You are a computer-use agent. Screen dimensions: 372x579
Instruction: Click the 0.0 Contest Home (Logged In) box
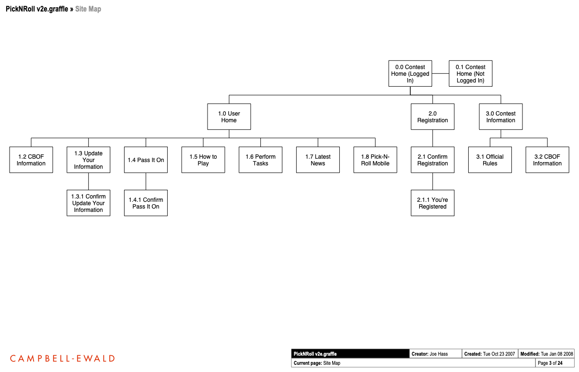click(410, 74)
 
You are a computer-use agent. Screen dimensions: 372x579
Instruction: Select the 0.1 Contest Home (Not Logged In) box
click(470, 74)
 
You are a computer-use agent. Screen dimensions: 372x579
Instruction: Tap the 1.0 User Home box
click(229, 117)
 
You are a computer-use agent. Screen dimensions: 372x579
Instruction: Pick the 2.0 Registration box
click(432, 117)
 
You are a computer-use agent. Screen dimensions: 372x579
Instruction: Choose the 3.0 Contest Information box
click(500, 117)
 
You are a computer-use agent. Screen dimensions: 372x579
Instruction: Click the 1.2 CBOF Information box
click(31, 160)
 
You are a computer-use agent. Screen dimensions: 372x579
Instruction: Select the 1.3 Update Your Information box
click(88, 160)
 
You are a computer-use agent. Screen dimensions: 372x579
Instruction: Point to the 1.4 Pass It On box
click(146, 160)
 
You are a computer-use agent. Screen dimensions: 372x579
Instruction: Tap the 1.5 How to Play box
click(203, 160)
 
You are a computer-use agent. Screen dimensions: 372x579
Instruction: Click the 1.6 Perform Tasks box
click(260, 160)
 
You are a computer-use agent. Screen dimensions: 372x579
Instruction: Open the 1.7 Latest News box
click(318, 160)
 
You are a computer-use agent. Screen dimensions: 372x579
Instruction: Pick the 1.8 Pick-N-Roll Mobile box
click(375, 160)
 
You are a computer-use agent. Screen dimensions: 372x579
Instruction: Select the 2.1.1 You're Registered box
click(432, 203)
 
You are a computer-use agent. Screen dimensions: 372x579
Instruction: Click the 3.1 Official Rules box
click(490, 160)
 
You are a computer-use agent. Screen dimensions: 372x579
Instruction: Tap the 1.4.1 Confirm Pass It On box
click(146, 203)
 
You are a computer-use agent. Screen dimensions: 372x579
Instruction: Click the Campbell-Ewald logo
click(62, 359)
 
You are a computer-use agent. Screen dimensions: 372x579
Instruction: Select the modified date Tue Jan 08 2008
click(557, 354)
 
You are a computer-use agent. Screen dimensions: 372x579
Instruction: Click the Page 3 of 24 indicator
click(550, 363)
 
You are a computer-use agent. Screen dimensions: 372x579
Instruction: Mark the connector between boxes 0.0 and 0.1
click(440, 74)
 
